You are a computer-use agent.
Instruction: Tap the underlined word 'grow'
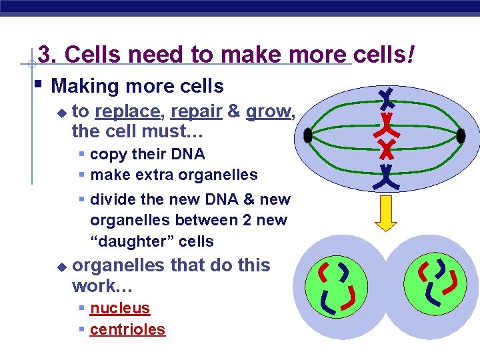click(x=268, y=111)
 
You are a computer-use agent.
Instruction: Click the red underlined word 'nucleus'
click(x=120, y=308)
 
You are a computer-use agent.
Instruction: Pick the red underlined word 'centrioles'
click(x=127, y=329)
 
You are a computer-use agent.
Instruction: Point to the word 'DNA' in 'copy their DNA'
click(x=189, y=154)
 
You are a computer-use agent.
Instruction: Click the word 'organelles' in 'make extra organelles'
click(x=223, y=175)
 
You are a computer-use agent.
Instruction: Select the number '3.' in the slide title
click(x=48, y=55)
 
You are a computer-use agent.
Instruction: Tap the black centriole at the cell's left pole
click(x=307, y=136)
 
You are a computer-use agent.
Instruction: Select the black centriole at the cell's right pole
click(x=461, y=136)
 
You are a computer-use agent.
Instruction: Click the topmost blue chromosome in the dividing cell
click(x=386, y=99)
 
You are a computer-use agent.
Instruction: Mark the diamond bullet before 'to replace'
click(x=62, y=113)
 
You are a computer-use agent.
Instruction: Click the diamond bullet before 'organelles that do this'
click(x=62, y=267)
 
